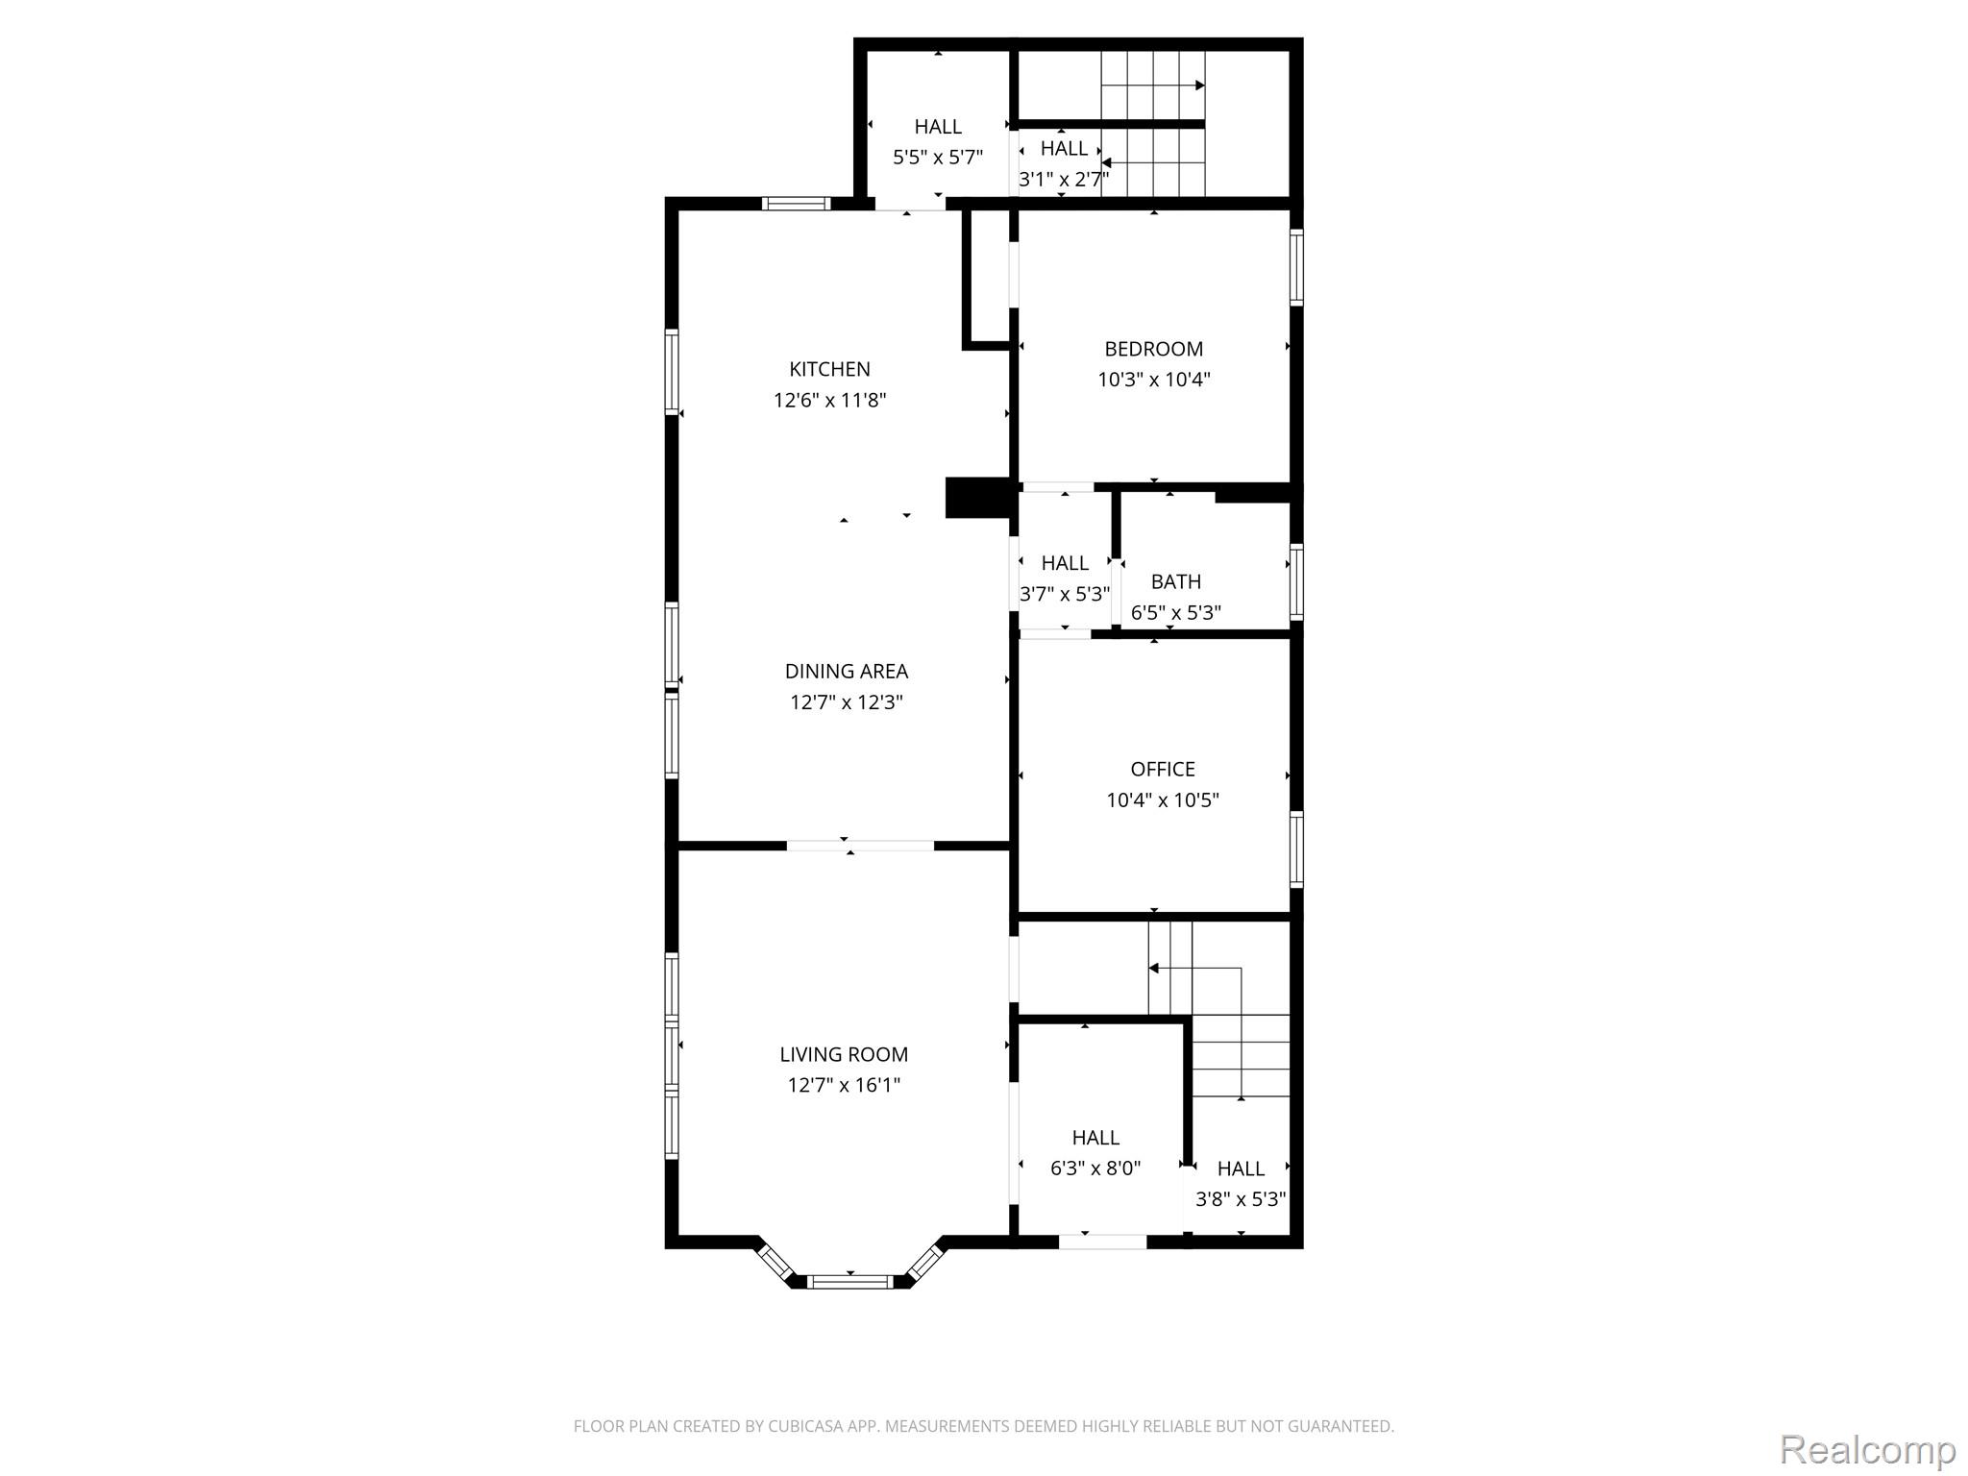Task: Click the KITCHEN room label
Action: click(829, 369)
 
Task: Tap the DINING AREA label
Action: click(846, 672)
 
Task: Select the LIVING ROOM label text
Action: click(844, 1054)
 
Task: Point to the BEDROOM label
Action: click(1153, 349)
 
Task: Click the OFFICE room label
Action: click(1163, 769)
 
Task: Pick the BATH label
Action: click(1176, 581)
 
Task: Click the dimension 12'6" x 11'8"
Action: click(829, 400)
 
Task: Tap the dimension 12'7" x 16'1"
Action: click(844, 1085)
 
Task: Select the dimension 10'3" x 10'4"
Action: click(1153, 380)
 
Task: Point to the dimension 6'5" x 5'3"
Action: click(1176, 612)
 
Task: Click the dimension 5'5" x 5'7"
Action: click(938, 158)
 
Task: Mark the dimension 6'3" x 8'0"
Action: click(1095, 1168)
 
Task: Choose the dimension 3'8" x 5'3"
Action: click(1241, 1199)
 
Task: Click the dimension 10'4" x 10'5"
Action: click(1163, 799)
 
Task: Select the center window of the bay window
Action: click(850, 1281)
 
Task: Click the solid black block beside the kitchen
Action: click(978, 498)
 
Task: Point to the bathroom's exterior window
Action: click(1296, 580)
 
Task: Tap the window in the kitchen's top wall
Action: click(796, 204)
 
